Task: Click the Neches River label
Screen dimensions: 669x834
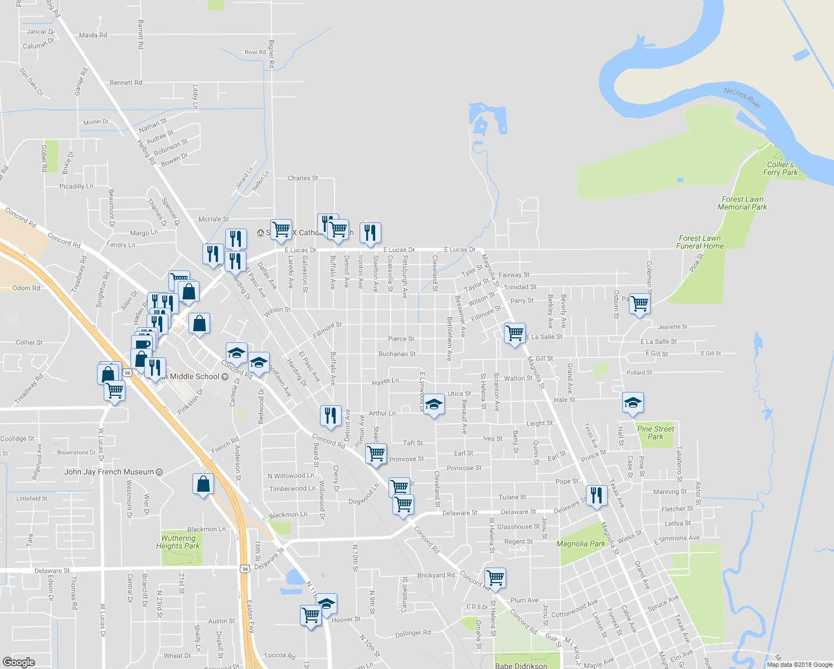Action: (x=742, y=98)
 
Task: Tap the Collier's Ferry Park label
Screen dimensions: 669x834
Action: (x=780, y=168)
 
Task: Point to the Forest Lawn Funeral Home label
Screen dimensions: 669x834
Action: (x=700, y=242)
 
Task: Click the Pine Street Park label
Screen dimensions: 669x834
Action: (x=655, y=433)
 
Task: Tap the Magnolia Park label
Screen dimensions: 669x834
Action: (x=580, y=544)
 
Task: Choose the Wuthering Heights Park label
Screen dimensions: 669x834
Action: (x=178, y=542)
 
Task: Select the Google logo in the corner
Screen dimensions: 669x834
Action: (x=18, y=662)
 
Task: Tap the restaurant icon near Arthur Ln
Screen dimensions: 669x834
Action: (x=331, y=415)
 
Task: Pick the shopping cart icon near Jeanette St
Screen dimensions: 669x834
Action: (x=639, y=304)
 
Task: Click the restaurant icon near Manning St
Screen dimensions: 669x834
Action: (x=597, y=495)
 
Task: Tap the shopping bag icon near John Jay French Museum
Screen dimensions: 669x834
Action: (x=203, y=484)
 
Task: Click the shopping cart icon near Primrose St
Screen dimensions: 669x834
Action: (x=376, y=453)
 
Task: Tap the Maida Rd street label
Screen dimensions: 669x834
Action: (x=93, y=35)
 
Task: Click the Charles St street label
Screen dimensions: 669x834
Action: (x=303, y=178)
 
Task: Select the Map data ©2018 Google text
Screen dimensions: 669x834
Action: (x=799, y=665)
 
